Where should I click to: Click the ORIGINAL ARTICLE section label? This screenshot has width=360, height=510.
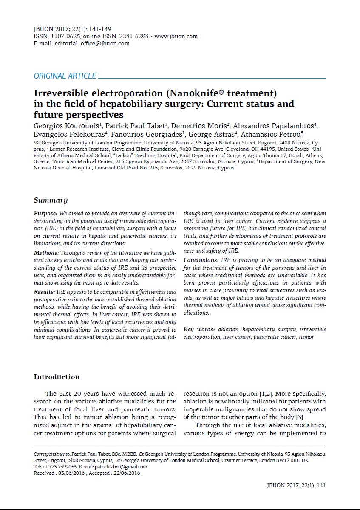pos(65,76)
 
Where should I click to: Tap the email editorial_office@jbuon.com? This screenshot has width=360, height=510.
pos(92,43)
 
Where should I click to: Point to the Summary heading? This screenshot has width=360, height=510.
pos(51,200)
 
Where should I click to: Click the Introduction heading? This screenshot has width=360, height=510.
pos(57,377)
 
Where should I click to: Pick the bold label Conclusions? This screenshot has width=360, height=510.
pos(201,260)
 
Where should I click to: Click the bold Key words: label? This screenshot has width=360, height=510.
pos(199,330)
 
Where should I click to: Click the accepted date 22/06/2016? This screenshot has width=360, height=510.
pos(126,473)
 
